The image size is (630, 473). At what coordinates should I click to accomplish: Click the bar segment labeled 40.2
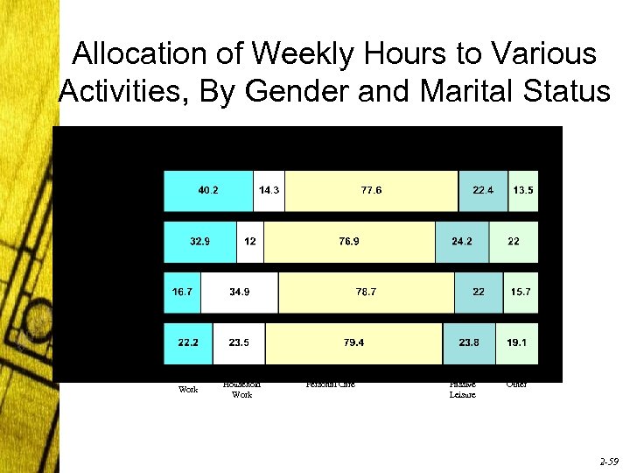click(x=208, y=191)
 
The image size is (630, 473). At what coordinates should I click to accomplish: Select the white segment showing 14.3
click(x=269, y=191)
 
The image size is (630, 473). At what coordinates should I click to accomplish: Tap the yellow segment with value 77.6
click(x=371, y=191)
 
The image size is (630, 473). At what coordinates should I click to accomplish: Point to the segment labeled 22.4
click(x=483, y=191)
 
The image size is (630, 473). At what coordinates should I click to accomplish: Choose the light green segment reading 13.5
click(x=523, y=191)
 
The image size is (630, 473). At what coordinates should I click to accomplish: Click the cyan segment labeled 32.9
click(x=200, y=242)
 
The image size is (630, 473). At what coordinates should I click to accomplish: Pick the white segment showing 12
click(x=250, y=242)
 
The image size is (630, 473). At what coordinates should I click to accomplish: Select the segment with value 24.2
click(x=462, y=242)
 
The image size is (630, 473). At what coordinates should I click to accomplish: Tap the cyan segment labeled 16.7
click(x=183, y=293)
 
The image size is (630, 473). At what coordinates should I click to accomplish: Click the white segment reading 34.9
click(x=239, y=293)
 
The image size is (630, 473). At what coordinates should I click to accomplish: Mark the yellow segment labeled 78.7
click(x=366, y=293)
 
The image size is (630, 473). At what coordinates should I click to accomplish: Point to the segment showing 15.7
click(x=521, y=293)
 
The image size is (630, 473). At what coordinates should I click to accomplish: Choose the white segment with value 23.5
click(x=239, y=343)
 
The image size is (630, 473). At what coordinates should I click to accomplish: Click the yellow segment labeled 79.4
click(x=353, y=343)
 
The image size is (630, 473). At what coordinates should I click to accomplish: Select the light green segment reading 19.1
click(x=517, y=343)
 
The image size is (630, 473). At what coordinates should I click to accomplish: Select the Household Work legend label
click(x=241, y=390)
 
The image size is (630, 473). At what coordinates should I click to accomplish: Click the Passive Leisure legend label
click(x=462, y=390)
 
